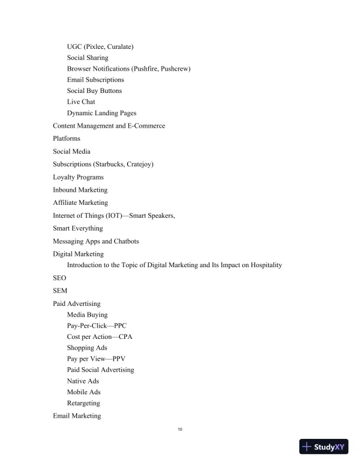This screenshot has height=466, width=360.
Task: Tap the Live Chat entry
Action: click(81, 102)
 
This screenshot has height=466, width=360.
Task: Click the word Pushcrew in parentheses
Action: click(173, 69)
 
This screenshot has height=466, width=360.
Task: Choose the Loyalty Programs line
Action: click(78, 177)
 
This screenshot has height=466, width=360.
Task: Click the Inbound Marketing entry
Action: click(80, 190)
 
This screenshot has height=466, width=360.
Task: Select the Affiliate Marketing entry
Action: click(80, 202)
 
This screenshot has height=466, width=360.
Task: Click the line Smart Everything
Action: click(78, 228)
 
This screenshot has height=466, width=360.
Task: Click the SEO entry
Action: click(59, 278)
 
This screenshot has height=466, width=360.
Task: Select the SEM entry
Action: click(60, 291)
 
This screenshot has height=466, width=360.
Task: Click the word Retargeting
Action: click(84, 403)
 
